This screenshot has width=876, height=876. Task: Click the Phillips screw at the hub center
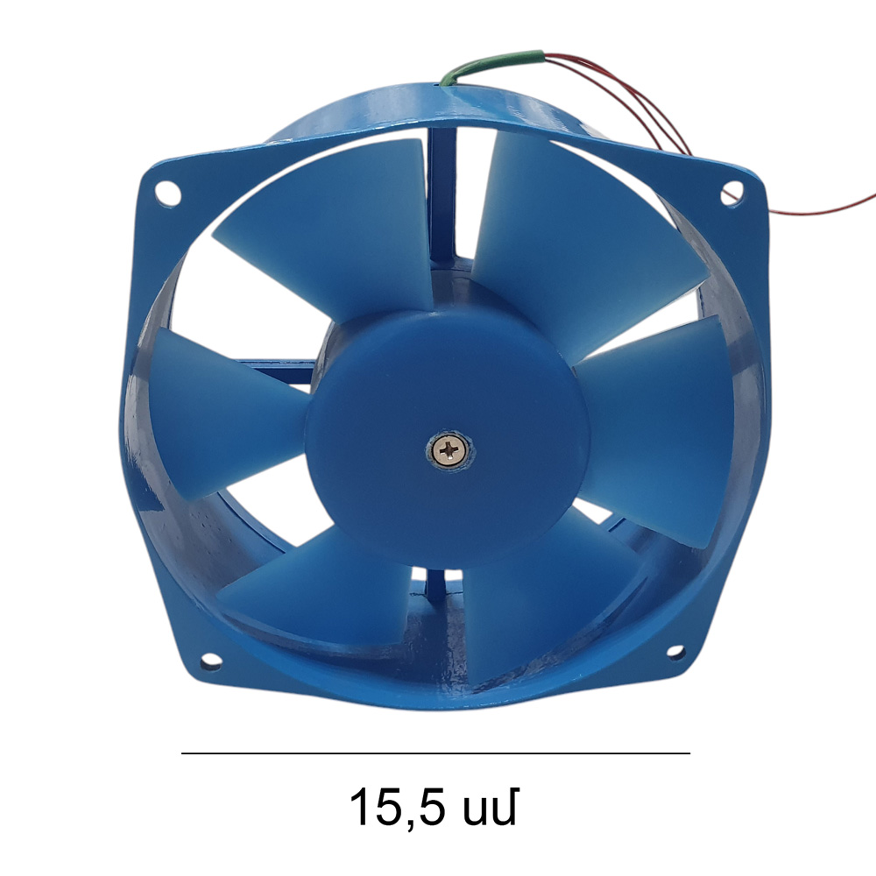pyautogui.click(x=450, y=449)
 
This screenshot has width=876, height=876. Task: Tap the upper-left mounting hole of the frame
pyautogui.click(x=167, y=194)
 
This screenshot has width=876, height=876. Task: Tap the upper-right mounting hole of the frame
pyautogui.click(x=731, y=193)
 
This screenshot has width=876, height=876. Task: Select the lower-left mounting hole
pyautogui.click(x=210, y=661)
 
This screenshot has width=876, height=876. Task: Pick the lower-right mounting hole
pyautogui.click(x=675, y=652)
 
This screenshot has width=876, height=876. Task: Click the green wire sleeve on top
pyautogui.click(x=491, y=65)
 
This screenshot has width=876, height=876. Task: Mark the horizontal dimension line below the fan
pyautogui.click(x=435, y=753)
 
